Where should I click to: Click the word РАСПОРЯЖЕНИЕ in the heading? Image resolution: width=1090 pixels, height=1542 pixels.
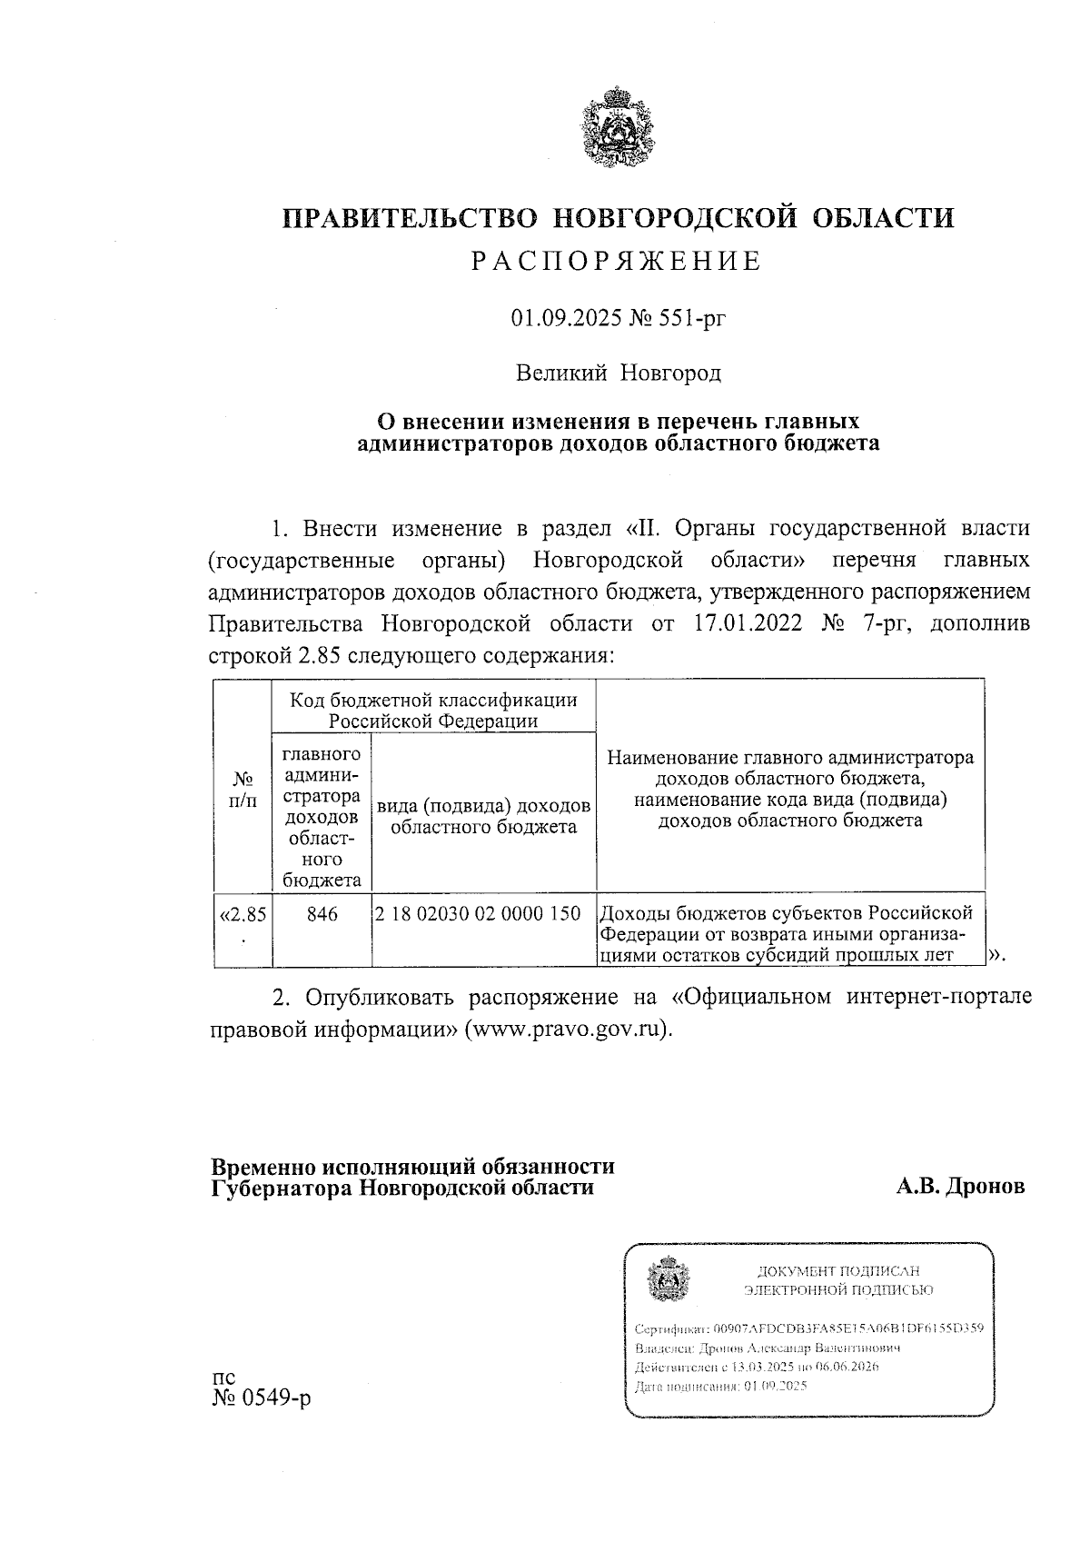(x=617, y=262)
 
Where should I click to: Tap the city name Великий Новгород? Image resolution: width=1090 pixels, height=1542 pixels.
(x=618, y=373)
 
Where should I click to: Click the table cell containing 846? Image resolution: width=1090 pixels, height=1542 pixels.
(x=322, y=914)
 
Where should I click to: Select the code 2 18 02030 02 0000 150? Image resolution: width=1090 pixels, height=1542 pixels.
(x=478, y=914)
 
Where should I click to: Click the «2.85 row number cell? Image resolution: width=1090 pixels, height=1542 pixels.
(x=243, y=915)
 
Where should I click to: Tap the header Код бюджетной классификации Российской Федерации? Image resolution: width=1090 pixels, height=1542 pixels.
(x=433, y=711)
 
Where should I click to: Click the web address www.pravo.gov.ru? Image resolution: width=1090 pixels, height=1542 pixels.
(x=567, y=1030)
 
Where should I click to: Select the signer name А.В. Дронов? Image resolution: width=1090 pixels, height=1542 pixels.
(x=960, y=1187)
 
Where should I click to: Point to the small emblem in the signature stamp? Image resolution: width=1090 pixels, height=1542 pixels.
(x=667, y=1279)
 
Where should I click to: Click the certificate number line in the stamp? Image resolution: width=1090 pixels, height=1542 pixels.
(x=808, y=1328)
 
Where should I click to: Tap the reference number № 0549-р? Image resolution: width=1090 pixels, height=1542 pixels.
(x=261, y=1398)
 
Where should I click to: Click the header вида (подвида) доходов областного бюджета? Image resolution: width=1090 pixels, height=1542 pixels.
(x=484, y=816)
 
